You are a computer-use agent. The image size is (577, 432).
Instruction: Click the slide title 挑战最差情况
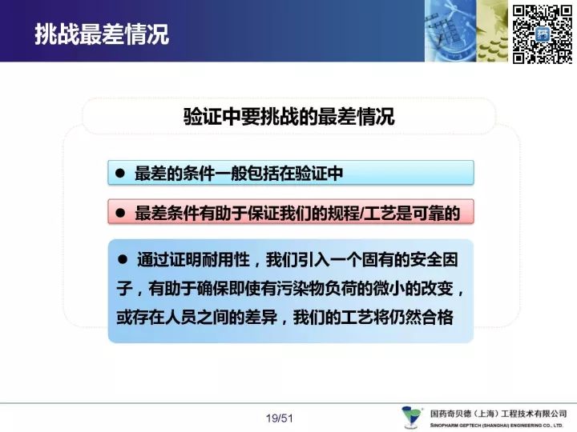pos(102,34)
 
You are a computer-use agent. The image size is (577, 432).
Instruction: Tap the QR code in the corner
pos(543,34)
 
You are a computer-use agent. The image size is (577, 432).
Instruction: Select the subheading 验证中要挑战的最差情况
pos(288,117)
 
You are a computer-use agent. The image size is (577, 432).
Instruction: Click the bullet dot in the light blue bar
pos(120,173)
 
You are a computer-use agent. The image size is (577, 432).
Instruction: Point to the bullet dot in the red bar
pos(120,213)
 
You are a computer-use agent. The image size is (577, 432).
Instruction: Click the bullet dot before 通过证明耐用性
pos(123,260)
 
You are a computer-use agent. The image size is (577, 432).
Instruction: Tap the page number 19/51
pos(280,418)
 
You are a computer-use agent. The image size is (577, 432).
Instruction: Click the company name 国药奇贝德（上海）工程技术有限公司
pos(498,414)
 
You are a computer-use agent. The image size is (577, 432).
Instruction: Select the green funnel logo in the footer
pos(411,417)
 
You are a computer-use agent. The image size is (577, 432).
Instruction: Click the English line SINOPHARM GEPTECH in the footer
pos(496,426)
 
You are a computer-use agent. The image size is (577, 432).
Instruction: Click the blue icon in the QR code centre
pos(543,35)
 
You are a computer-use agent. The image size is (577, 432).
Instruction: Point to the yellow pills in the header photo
pos(492,49)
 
